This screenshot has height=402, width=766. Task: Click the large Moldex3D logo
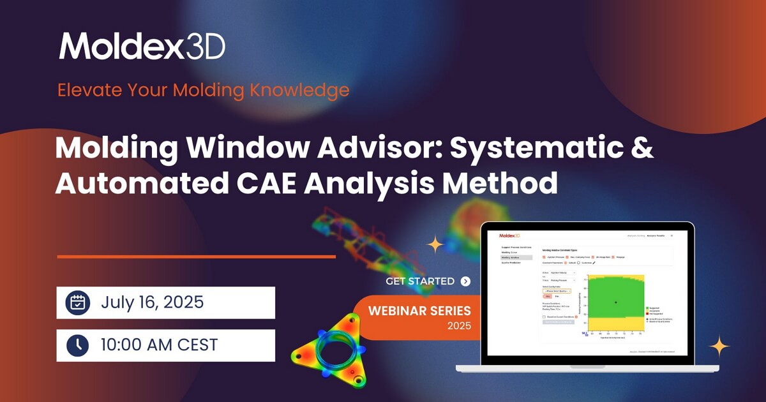point(142,47)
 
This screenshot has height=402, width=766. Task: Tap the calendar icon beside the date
point(78,302)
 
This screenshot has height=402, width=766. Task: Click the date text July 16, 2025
point(152,302)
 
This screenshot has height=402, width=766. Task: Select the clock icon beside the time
point(78,345)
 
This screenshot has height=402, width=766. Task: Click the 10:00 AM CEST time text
point(159,345)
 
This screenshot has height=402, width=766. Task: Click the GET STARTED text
point(420,281)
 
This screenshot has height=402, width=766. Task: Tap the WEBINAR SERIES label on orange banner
point(419,311)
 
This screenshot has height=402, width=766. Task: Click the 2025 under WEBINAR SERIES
point(459,326)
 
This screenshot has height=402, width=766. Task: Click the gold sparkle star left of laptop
point(435,244)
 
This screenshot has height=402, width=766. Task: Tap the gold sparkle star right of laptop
point(719,346)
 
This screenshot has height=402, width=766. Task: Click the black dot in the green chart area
point(615,302)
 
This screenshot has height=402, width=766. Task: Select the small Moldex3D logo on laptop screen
point(511,235)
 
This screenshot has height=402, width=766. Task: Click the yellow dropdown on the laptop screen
point(556,290)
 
